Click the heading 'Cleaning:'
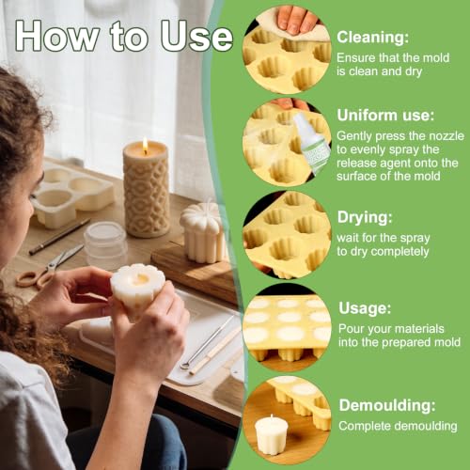pyautogui.click(x=372, y=38)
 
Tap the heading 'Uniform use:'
pyautogui.click(x=385, y=116)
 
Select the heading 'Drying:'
pyautogui.click(x=365, y=217)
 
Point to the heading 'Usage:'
pyautogui.click(x=365, y=308)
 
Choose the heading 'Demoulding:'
pyautogui.click(x=387, y=405)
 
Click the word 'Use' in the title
pyautogui.click(x=196, y=37)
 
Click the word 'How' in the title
pyautogui.click(x=57, y=36)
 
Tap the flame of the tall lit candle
pyautogui.click(x=145, y=145)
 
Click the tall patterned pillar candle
pyautogui.click(x=147, y=189)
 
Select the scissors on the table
pyautogui.click(x=49, y=267)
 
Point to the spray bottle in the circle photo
pyautogui.click(x=312, y=142)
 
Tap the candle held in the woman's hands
pyautogui.click(x=137, y=290)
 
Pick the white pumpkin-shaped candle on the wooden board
pyautogui.click(x=203, y=232)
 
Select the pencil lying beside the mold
pyautogui.click(x=59, y=236)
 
